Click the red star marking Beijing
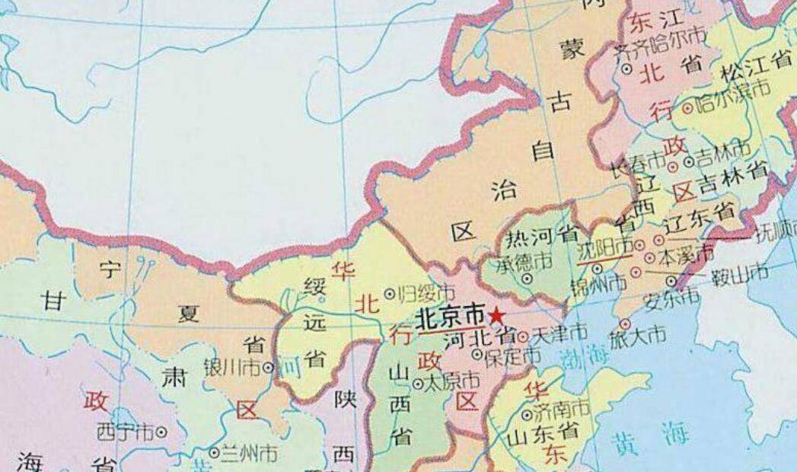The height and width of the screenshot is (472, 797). coord(496,314)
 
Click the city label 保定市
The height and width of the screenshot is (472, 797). coord(515,355)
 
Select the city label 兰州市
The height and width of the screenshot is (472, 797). coord(248,454)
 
